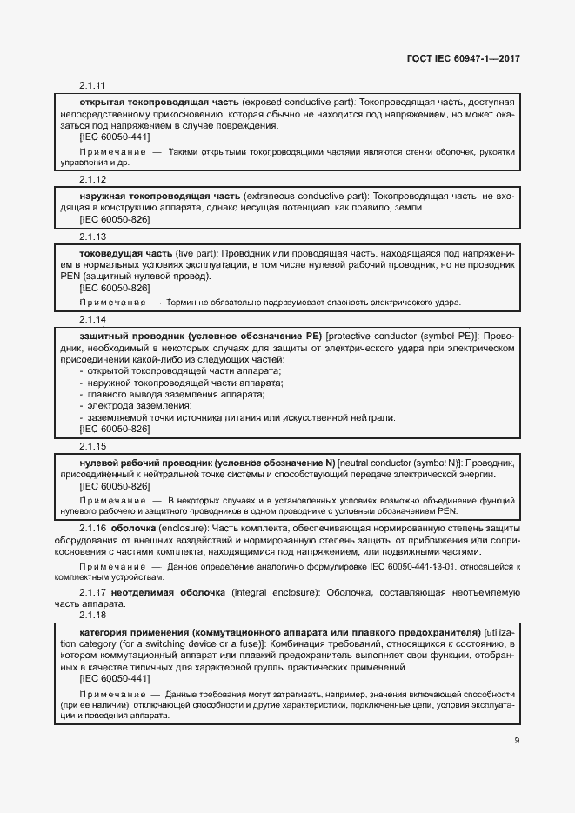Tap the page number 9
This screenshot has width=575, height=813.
pos(517,741)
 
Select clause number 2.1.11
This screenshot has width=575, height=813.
pos(92,85)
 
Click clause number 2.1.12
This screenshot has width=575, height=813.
pos(92,179)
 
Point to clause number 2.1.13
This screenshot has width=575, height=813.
pos(92,236)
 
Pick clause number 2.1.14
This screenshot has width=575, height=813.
pos(92,319)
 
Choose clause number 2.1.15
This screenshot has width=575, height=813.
pos(92,446)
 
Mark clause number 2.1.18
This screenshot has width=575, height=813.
pos(92,614)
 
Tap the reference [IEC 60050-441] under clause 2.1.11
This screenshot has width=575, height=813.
pos(114,137)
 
